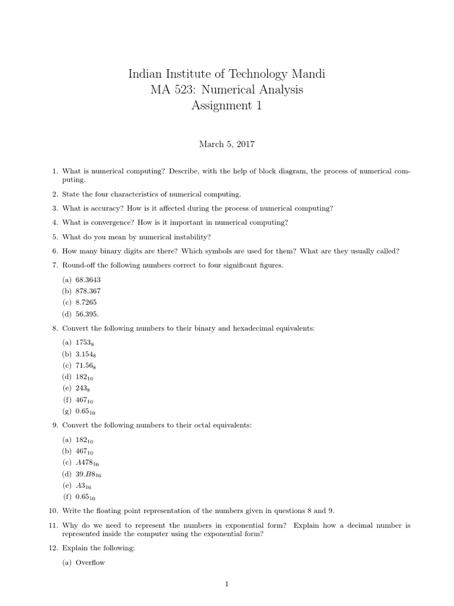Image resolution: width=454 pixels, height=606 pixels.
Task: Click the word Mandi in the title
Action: pos(305,75)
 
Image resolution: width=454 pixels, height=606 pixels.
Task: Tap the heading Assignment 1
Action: pos(226,106)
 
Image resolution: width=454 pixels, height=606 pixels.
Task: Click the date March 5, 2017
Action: pos(226,143)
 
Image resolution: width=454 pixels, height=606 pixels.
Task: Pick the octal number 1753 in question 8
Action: pos(85,342)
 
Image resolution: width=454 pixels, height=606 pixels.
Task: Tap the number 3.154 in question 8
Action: pos(86,354)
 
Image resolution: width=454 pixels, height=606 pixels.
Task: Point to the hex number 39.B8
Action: pos(90,474)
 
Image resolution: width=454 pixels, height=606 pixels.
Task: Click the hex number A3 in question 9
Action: pos(82,485)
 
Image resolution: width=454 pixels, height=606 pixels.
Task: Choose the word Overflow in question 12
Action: pos(90,562)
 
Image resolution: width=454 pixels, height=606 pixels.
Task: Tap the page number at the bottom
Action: pos(226,585)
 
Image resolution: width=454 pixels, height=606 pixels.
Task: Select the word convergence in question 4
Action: pos(103,223)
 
